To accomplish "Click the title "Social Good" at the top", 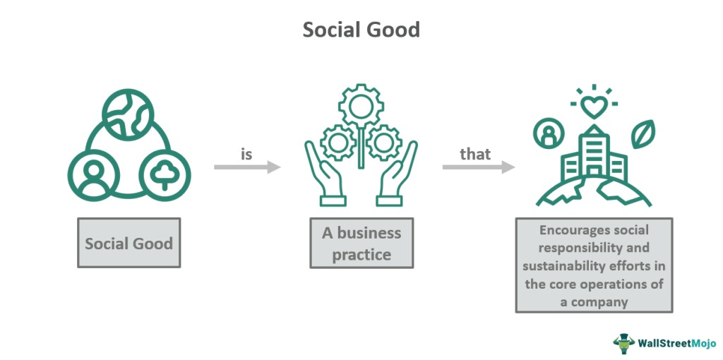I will [x=361, y=30].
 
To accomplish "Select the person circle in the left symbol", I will [x=91, y=172].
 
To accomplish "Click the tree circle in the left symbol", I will [x=164, y=172].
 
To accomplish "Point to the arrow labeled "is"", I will [x=247, y=167].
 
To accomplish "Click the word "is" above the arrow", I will [x=246, y=153].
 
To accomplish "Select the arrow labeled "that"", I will [x=478, y=167].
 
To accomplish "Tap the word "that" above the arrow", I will [x=474, y=153].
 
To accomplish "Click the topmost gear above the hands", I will [x=360, y=109].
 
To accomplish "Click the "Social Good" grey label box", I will [x=129, y=244].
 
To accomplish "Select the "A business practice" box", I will [x=361, y=244].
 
